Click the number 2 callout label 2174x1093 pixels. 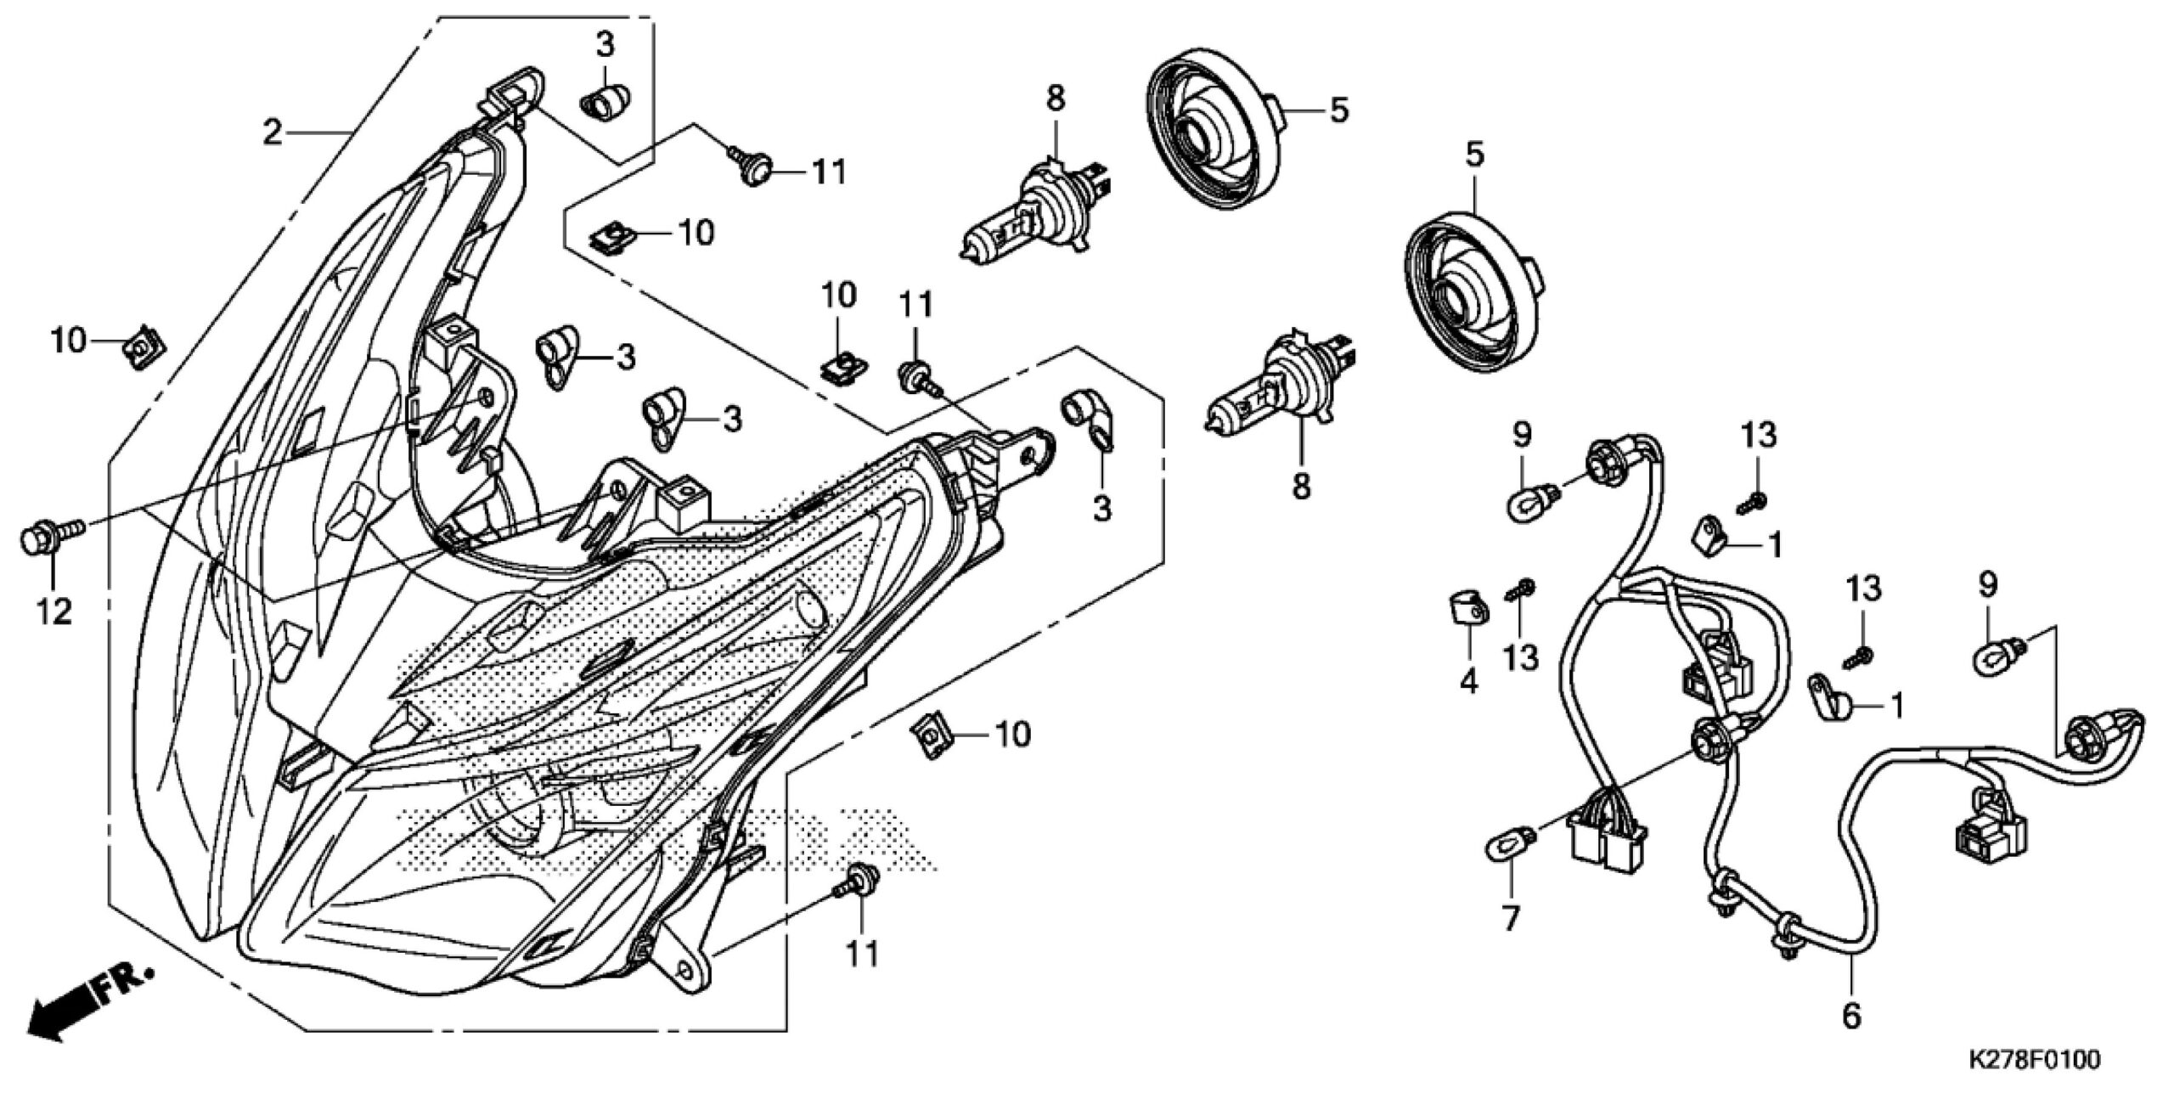[272, 132]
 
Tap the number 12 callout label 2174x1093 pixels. [54, 611]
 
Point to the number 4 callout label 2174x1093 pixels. [1468, 680]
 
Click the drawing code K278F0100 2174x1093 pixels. [2028, 1060]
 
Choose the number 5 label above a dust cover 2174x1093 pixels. [1474, 155]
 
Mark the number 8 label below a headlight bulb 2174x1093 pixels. [1301, 486]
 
